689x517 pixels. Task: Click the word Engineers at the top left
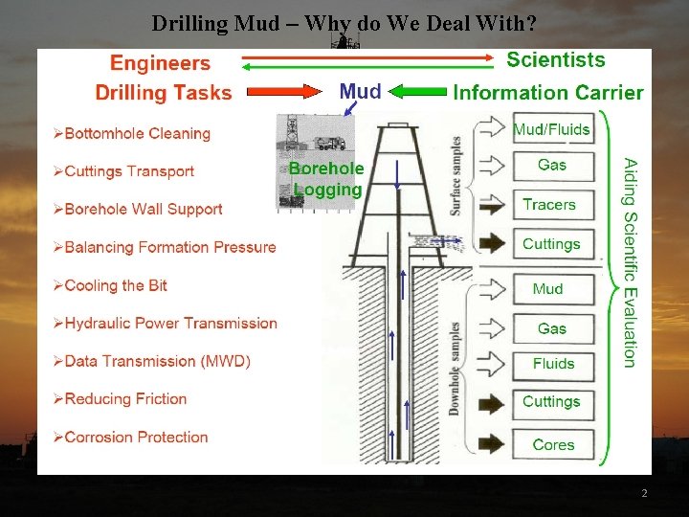(160, 63)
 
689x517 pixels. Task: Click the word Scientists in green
(555, 59)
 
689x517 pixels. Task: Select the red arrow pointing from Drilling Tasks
(284, 92)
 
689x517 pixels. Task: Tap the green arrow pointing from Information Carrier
(416, 92)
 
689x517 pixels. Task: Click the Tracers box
(549, 204)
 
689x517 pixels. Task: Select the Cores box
(553, 444)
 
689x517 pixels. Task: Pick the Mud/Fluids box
(551, 129)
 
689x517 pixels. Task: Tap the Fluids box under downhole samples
(553, 364)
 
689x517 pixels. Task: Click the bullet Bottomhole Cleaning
(137, 133)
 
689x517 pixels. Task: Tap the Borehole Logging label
(326, 179)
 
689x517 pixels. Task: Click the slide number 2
(644, 493)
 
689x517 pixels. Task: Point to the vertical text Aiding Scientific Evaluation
(629, 262)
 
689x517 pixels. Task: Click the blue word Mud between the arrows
(361, 92)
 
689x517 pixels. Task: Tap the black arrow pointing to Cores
(493, 444)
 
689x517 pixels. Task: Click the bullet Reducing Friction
(125, 398)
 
